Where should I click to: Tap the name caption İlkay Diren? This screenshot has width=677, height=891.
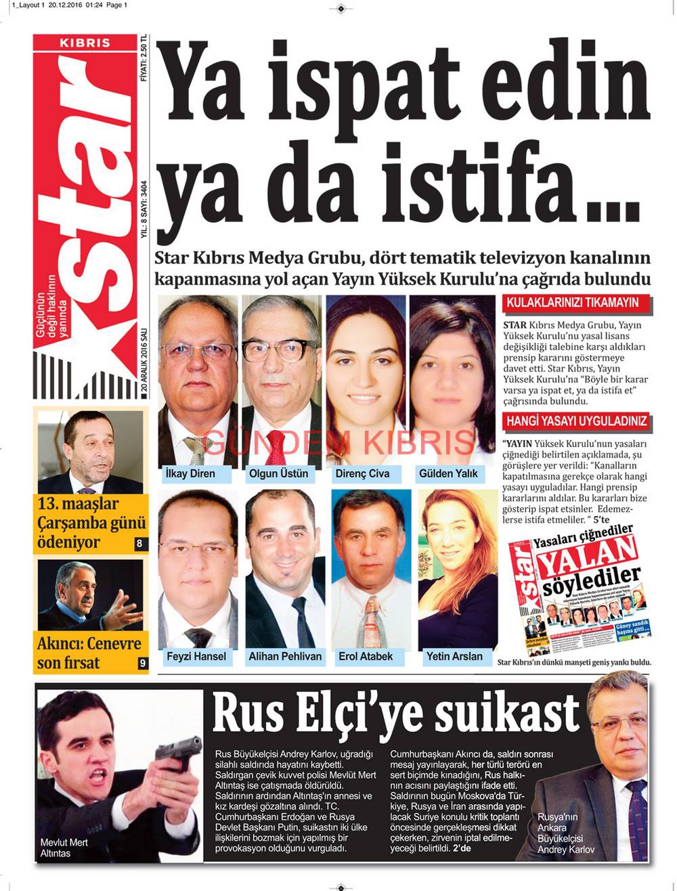[190, 473]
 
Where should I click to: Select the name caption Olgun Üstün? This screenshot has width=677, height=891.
[278, 473]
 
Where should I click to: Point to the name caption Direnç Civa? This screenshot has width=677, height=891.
[362, 473]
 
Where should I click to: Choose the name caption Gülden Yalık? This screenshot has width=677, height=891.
[448, 473]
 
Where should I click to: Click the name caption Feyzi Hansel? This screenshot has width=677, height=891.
[196, 656]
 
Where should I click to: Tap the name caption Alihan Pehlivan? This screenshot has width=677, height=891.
[285, 656]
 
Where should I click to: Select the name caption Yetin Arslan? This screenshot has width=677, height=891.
[454, 656]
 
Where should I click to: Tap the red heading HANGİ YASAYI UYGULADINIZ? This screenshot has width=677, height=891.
[577, 420]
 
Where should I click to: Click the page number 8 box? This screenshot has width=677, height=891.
[139, 543]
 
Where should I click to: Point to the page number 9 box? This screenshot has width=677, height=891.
[142, 664]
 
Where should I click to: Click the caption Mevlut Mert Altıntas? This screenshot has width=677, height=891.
[64, 848]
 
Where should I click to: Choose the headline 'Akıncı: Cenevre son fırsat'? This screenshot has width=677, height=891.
[89, 653]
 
